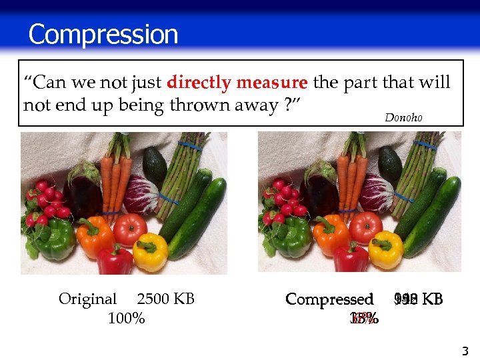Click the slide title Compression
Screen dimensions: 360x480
click(x=103, y=35)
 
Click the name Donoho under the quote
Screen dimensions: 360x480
click(x=403, y=117)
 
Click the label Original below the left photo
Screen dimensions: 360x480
click(x=87, y=299)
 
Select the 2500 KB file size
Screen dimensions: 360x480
click(x=165, y=299)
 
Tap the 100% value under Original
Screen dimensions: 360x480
click(x=126, y=318)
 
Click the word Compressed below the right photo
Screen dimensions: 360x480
click(x=329, y=299)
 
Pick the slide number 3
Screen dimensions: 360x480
click(x=465, y=351)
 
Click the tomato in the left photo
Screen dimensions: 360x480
click(x=130, y=229)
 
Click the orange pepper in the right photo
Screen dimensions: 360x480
click(x=331, y=235)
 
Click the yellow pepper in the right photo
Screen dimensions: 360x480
click(x=386, y=249)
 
